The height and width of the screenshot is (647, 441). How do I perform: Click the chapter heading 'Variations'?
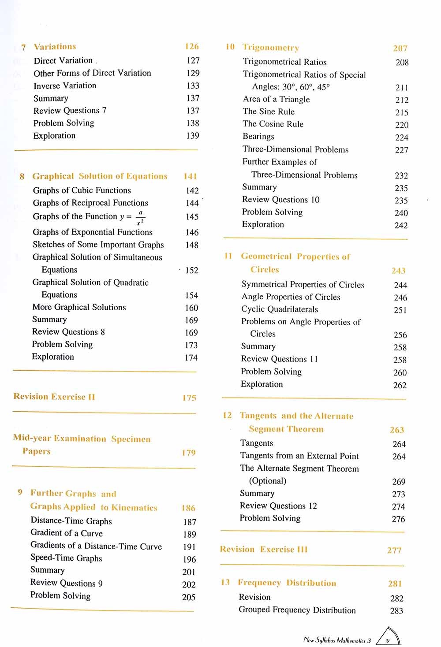pyautogui.click(x=55, y=47)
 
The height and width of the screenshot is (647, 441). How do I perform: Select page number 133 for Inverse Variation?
pyautogui.click(x=193, y=86)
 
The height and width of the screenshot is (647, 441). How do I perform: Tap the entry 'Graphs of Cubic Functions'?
pyautogui.click(x=82, y=190)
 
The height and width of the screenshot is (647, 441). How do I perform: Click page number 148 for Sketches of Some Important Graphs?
pyautogui.click(x=192, y=245)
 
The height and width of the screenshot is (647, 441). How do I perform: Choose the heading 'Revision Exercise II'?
pyautogui.click(x=54, y=397)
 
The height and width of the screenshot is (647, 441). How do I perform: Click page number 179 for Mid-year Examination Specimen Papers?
pyautogui.click(x=188, y=453)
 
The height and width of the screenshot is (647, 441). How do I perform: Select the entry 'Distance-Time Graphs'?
pyautogui.click(x=71, y=521)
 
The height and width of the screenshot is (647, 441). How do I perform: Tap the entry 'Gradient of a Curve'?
pyautogui.click(x=66, y=533)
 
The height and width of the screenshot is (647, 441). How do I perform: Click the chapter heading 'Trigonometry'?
pyautogui.click(x=270, y=48)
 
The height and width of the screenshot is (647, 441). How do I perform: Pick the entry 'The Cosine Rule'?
pyautogui.click(x=273, y=124)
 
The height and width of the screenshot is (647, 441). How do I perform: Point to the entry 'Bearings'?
pyautogui.click(x=258, y=137)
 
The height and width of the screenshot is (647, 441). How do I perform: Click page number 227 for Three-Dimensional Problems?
pyautogui.click(x=401, y=150)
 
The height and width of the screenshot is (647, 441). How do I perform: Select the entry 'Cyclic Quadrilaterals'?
pyautogui.click(x=280, y=309)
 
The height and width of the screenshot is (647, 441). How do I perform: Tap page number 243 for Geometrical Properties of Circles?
pyautogui.click(x=398, y=271)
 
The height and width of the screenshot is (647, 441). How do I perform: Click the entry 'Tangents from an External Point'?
pyautogui.click(x=299, y=456)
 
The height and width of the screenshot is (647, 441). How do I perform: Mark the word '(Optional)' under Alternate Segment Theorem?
pyautogui.click(x=268, y=481)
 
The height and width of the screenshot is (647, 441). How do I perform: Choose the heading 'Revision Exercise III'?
pyautogui.click(x=264, y=550)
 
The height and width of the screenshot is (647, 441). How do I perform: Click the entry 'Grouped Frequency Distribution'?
pyautogui.click(x=297, y=610)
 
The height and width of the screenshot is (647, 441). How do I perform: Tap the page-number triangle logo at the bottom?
pyautogui.click(x=388, y=637)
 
